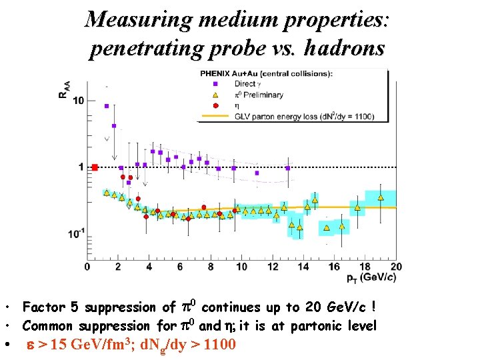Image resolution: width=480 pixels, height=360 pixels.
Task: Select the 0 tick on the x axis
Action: click(x=87, y=267)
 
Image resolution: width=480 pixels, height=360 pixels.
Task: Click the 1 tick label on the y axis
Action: click(x=80, y=167)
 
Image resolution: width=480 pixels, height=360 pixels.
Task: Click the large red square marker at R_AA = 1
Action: click(x=95, y=167)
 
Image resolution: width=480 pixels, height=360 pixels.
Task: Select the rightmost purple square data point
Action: click(x=288, y=168)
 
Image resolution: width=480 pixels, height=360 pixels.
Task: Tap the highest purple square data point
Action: click(x=107, y=105)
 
